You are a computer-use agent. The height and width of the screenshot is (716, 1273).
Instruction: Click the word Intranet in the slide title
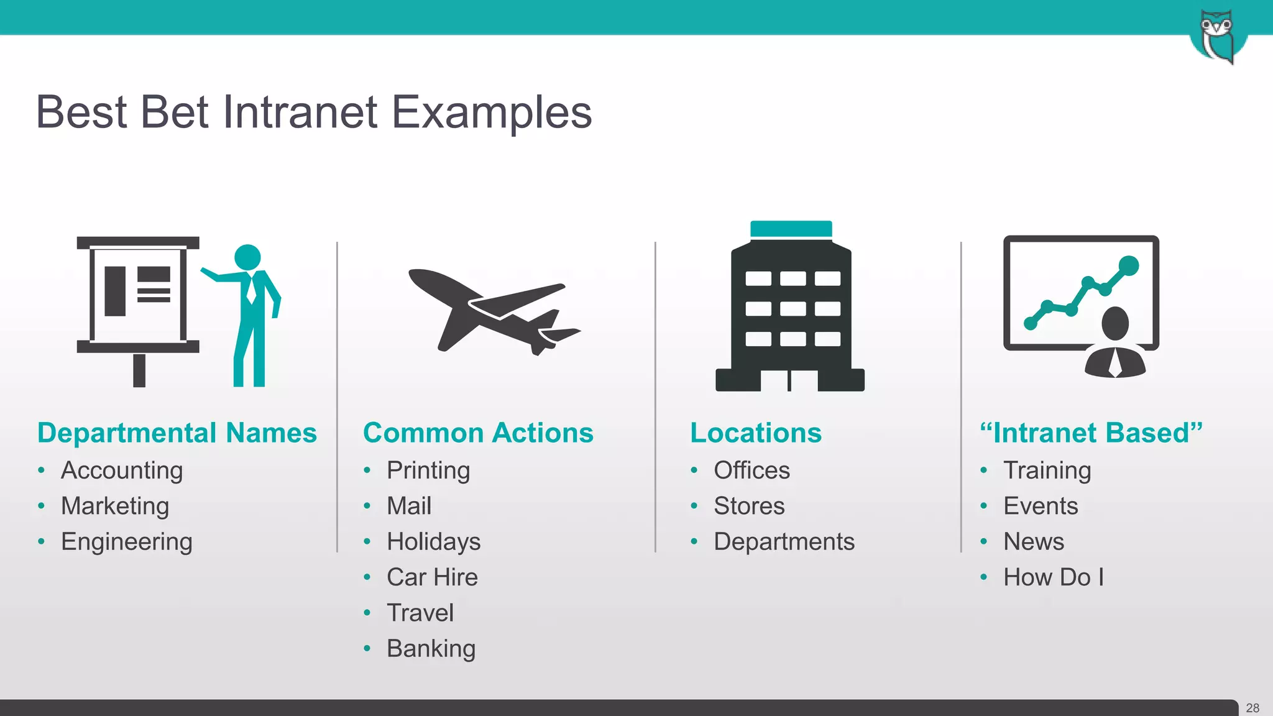pyautogui.click(x=300, y=112)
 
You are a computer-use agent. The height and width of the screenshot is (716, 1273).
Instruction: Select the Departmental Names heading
pyautogui.click(x=177, y=433)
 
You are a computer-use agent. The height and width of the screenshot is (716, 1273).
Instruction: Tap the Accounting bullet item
pyautogui.click(x=122, y=470)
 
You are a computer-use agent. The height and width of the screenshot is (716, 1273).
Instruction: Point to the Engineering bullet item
pyautogui.click(x=127, y=542)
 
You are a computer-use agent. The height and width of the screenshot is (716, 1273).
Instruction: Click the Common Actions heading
pyautogui.click(x=478, y=433)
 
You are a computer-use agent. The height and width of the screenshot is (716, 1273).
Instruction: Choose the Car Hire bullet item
pyautogui.click(x=432, y=577)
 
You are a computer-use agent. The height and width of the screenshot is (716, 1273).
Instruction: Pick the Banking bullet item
pyautogui.click(x=431, y=649)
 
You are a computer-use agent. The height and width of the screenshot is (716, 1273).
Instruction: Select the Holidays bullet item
pyautogui.click(x=433, y=542)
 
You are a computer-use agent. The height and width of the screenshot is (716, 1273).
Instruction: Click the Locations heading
pyautogui.click(x=756, y=433)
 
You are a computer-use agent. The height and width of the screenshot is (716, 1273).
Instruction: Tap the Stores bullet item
pyautogui.click(x=749, y=506)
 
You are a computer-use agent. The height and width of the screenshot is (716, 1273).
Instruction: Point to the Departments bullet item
pyautogui.click(x=784, y=542)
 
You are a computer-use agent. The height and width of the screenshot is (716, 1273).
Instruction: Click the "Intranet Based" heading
pyautogui.click(x=1091, y=433)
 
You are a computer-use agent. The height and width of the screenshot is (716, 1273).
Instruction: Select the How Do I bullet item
pyautogui.click(x=1054, y=577)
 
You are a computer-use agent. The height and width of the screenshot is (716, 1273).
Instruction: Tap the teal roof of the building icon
pyautogui.click(x=791, y=229)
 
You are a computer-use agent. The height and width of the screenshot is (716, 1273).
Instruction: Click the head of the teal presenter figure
pyautogui.click(x=247, y=257)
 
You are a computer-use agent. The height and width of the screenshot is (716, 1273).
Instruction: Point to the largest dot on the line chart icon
pyautogui.click(x=1128, y=265)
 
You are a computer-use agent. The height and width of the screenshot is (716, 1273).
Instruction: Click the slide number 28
pyautogui.click(x=1252, y=708)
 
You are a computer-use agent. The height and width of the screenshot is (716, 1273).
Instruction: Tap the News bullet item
pyautogui.click(x=1034, y=542)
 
